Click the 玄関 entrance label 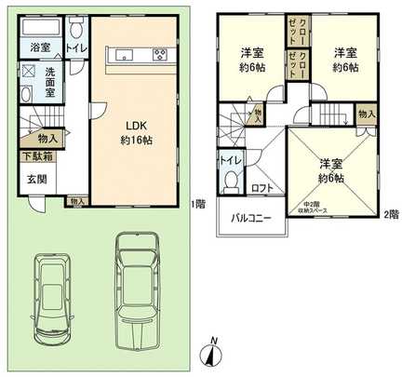(x=35, y=179)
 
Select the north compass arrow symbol (x=212, y=355)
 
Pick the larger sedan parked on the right (x=137, y=284)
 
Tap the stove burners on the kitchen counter (x=159, y=53)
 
